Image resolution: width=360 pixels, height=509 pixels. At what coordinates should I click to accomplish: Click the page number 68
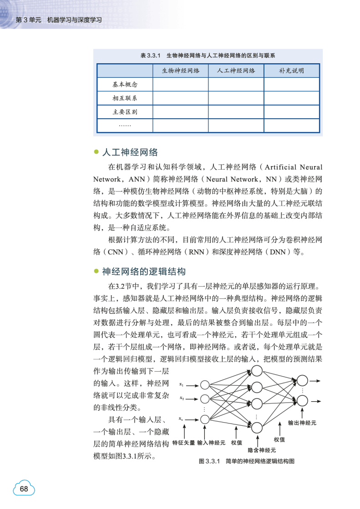coord(24,489)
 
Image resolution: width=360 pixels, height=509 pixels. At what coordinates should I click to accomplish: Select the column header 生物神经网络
coord(180,71)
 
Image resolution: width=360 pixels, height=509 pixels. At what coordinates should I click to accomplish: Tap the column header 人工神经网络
coord(236,71)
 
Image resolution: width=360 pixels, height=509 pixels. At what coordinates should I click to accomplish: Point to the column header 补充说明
coord(291,71)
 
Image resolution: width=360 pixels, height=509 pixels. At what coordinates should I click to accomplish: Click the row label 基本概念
coord(125,85)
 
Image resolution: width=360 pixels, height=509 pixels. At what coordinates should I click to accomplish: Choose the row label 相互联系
coord(125,98)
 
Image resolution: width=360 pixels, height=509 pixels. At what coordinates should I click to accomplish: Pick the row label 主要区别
coord(125,112)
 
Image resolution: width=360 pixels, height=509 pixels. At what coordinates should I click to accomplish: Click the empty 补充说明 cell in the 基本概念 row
coord(291,85)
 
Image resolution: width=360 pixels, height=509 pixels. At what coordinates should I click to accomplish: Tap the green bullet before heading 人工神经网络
coord(96,152)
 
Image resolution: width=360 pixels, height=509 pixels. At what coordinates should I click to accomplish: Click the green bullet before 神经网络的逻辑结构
coord(96,272)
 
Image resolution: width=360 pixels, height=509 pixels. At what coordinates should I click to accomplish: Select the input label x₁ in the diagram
coord(181,385)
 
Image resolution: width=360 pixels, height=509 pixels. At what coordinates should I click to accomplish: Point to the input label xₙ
coord(181,418)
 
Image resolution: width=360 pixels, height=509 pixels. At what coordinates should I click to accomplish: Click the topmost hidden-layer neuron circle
coord(257,371)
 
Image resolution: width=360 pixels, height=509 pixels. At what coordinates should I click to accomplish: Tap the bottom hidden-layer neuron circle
coord(257,427)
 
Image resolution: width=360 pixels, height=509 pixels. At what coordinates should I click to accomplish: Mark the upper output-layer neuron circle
coord(302,381)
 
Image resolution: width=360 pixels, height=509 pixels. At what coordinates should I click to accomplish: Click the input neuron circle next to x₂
coord(204,399)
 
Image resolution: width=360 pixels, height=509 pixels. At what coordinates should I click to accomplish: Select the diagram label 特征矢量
coord(183,442)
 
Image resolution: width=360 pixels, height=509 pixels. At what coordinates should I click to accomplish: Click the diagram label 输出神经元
coord(302,423)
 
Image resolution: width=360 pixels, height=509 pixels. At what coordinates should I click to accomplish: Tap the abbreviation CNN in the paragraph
coord(113,252)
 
